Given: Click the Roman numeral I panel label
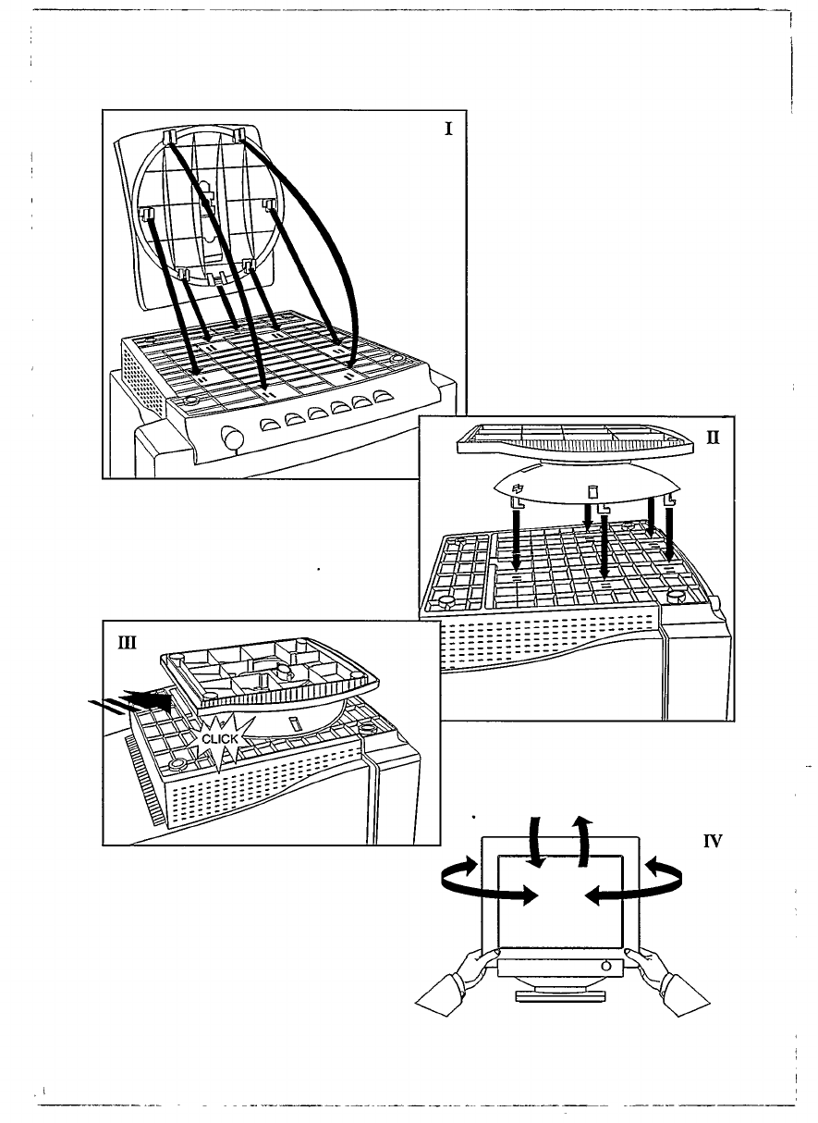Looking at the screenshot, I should (x=448, y=129).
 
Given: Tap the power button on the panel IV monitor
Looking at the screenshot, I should (x=605, y=965).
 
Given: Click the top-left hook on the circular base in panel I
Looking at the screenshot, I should (x=170, y=138).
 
